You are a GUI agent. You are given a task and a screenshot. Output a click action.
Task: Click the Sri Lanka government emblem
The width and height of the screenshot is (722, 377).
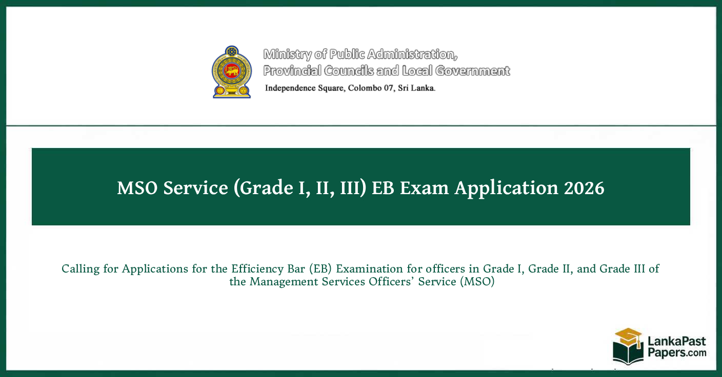tap(231, 72)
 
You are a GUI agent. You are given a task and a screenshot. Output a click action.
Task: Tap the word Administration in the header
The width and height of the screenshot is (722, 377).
tap(412, 54)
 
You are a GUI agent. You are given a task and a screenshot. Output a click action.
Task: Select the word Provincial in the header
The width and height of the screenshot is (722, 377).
tap(292, 71)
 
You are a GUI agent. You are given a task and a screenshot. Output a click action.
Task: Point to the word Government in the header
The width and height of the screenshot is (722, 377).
tap(472, 71)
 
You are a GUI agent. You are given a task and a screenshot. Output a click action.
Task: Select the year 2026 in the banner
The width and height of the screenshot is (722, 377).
tap(584, 187)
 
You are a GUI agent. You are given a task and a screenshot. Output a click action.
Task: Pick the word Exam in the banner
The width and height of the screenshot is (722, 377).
tap(424, 187)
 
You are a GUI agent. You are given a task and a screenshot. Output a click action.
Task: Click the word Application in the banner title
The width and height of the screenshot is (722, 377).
tap(506, 188)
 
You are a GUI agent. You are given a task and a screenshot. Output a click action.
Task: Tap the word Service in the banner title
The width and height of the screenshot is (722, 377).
tap(196, 187)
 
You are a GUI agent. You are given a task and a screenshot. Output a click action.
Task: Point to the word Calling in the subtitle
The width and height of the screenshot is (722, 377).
tap(81, 269)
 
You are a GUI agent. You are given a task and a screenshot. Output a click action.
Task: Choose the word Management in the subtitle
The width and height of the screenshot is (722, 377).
tap(284, 282)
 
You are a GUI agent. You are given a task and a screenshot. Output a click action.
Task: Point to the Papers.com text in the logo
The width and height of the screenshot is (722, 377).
tap(677, 353)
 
